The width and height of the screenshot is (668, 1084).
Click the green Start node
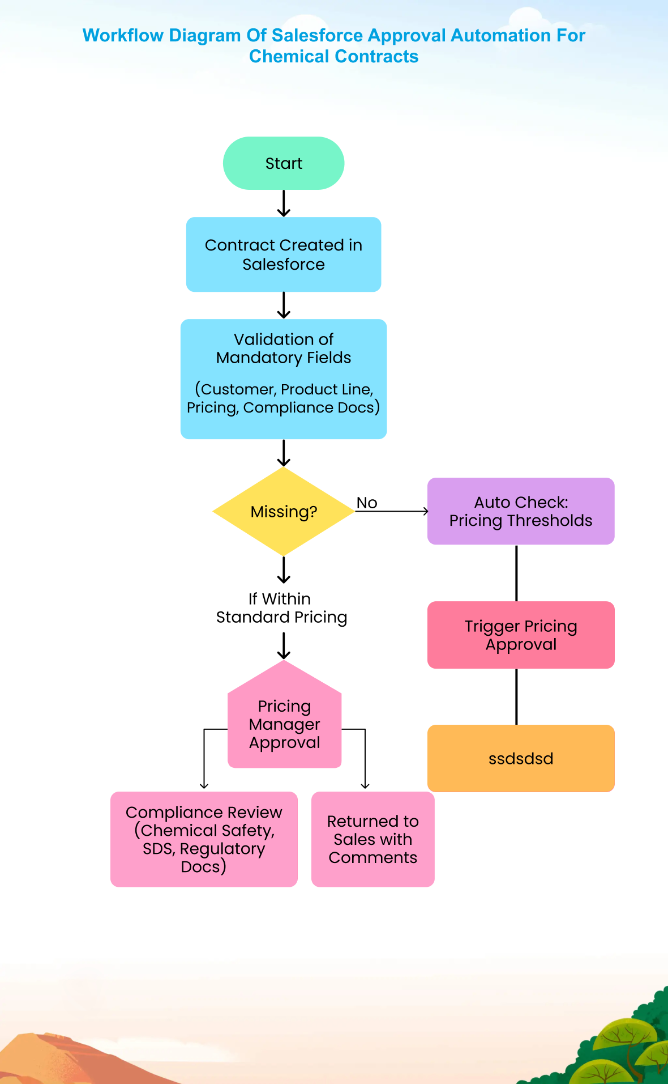(284, 163)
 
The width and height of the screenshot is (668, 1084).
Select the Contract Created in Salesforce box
(284, 254)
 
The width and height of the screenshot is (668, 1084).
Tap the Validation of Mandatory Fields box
(284, 379)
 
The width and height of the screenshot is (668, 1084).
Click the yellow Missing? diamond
(284, 511)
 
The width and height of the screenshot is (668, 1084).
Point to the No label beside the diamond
(367, 503)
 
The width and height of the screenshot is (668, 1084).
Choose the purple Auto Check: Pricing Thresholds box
(521, 511)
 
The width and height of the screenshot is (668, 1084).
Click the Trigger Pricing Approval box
(521, 635)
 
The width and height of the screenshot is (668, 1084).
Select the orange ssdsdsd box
(521, 758)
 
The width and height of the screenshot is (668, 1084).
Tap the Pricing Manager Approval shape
(285, 722)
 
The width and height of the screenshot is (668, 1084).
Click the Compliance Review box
(204, 839)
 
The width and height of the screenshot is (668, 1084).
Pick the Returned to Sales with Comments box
(373, 839)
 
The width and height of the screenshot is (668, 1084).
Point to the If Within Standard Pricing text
(281, 608)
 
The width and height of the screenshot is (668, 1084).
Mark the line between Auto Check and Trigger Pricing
(516, 573)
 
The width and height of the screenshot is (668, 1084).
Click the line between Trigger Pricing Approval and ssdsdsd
(516, 696)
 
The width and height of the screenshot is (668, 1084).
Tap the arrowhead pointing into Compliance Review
(204, 786)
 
